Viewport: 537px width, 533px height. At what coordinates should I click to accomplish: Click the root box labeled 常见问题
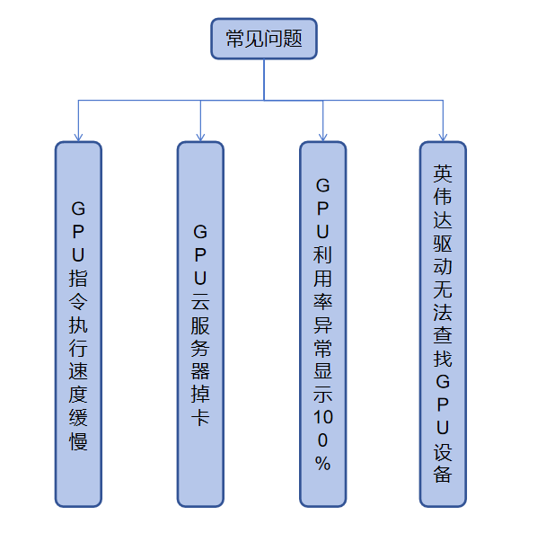tap(264, 39)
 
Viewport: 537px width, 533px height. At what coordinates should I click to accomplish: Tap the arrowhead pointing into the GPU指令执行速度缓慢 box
tap(78, 138)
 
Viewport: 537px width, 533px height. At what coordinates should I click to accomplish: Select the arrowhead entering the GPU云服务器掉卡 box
tap(200, 138)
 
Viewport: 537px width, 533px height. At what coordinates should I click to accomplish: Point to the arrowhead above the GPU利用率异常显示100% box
tap(322, 138)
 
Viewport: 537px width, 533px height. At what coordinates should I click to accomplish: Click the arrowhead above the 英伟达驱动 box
tap(443, 138)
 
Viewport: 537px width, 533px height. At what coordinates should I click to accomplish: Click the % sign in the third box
tap(322, 464)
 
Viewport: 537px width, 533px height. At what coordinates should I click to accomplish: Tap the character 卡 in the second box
tap(200, 417)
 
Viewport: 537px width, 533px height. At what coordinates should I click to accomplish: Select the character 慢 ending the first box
tap(78, 441)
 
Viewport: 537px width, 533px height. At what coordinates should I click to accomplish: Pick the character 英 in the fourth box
tap(443, 173)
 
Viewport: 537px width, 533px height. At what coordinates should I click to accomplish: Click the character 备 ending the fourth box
tap(443, 474)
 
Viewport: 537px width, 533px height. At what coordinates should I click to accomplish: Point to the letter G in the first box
tap(78, 209)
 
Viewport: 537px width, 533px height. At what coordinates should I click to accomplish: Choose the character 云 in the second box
tap(200, 302)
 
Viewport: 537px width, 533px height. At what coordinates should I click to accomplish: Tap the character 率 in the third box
tap(322, 302)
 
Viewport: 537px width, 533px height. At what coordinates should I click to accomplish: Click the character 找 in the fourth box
tap(443, 359)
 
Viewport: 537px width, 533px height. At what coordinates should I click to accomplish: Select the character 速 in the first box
tap(78, 371)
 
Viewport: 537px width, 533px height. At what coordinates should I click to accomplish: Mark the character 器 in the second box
tap(200, 371)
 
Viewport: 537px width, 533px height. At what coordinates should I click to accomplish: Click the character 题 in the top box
tap(293, 39)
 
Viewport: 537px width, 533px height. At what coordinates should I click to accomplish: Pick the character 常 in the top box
tap(235, 39)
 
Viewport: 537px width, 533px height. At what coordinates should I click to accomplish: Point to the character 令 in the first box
tap(78, 302)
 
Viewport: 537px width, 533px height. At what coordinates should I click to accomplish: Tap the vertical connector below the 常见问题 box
tap(264, 80)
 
